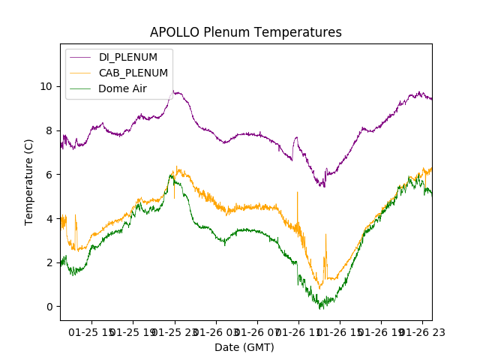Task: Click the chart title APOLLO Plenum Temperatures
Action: click(245, 32)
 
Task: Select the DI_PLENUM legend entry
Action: click(128, 58)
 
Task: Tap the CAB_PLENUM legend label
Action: click(133, 73)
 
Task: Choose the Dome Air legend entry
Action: click(122, 88)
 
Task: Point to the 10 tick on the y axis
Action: click(46, 86)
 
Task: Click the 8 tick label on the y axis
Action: click(49, 130)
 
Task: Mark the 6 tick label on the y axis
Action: click(49, 175)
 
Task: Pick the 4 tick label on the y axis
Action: click(49, 219)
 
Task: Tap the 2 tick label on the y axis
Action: click(49, 262)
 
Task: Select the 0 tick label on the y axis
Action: click(49, 307)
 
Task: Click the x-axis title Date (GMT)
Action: click(244, 347)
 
